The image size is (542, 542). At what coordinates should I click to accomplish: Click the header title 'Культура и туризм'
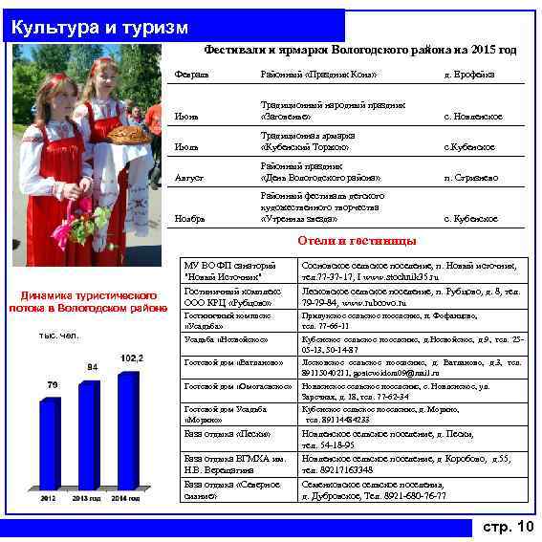click(x=99, y=28)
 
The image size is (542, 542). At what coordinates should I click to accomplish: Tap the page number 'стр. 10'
click(x=508, y=527)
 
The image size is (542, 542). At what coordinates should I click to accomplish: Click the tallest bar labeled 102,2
click(x=127, y=430)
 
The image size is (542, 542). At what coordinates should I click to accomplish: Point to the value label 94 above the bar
click(x=93, y=367)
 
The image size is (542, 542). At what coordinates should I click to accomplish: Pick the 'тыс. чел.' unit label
click(x=59, y=336)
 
